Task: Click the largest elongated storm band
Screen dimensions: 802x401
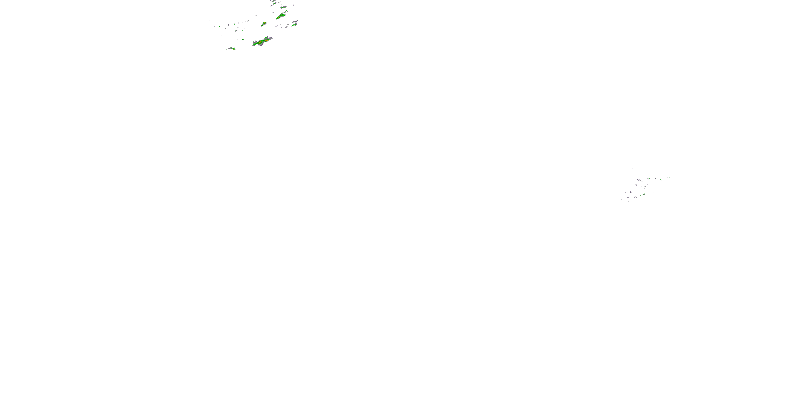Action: (x=262, y=41)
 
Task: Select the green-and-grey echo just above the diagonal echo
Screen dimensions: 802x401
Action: (x=283, y=7)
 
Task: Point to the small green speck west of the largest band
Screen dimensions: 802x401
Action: (x=242, y=40)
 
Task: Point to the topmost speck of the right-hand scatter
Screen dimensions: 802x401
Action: (x=633, y=168)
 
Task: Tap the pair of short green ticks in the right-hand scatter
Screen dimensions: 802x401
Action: (x=668, y=178)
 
